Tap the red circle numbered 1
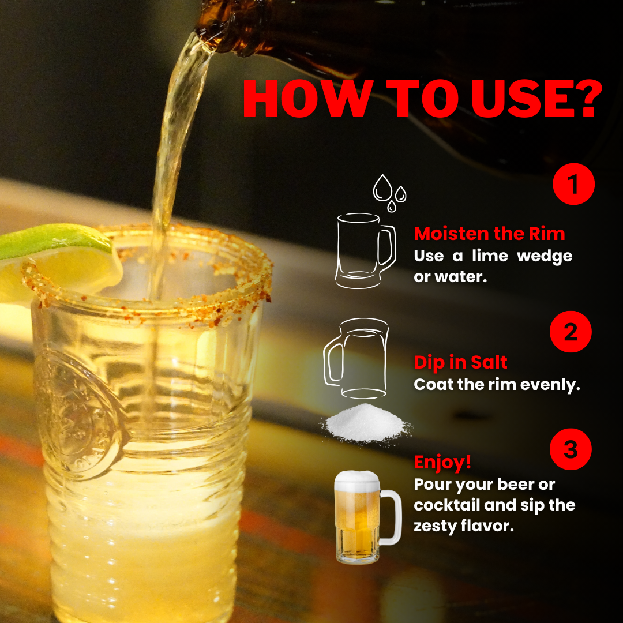pyautogui.click(x=573, y=185)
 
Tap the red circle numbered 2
pyautogui.click(x=570, y=332)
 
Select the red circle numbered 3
pyautogui.click(x=570, y=449)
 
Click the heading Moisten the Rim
pyautogui.click(x=489, y=234)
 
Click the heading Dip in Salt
pyautogui.click(x=460, y=362)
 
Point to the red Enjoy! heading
pyautogui.click(x=442, y=462)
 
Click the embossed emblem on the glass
pyautogui.click(x=75, y=410)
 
